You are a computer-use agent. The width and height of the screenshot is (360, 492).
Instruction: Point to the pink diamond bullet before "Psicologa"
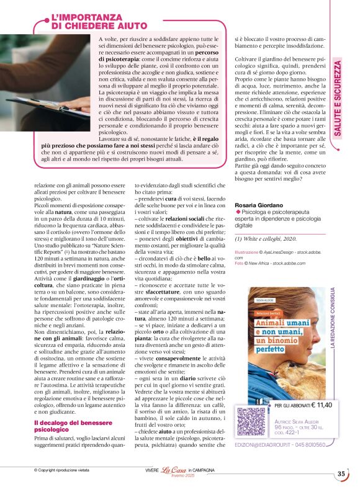(x=238, y=213)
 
